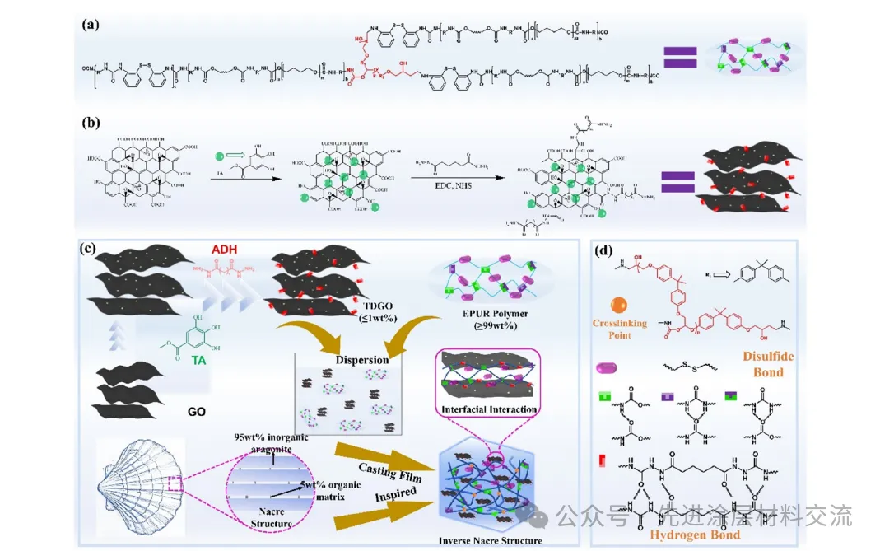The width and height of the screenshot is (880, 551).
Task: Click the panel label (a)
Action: (91, 24)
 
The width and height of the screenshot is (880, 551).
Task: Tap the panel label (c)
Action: (91, 247)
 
